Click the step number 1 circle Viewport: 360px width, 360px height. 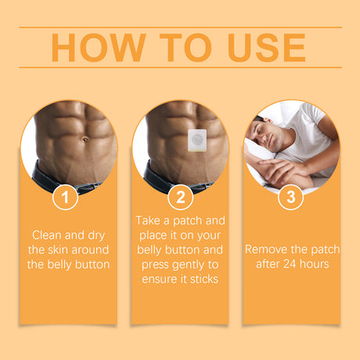coord(66,197)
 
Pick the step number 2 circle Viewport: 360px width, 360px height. coord(180,197)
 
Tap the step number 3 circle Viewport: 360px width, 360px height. coord(290,197)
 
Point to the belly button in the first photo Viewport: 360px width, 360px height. coord(81,142)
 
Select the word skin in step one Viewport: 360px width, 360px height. coord(68,249)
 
